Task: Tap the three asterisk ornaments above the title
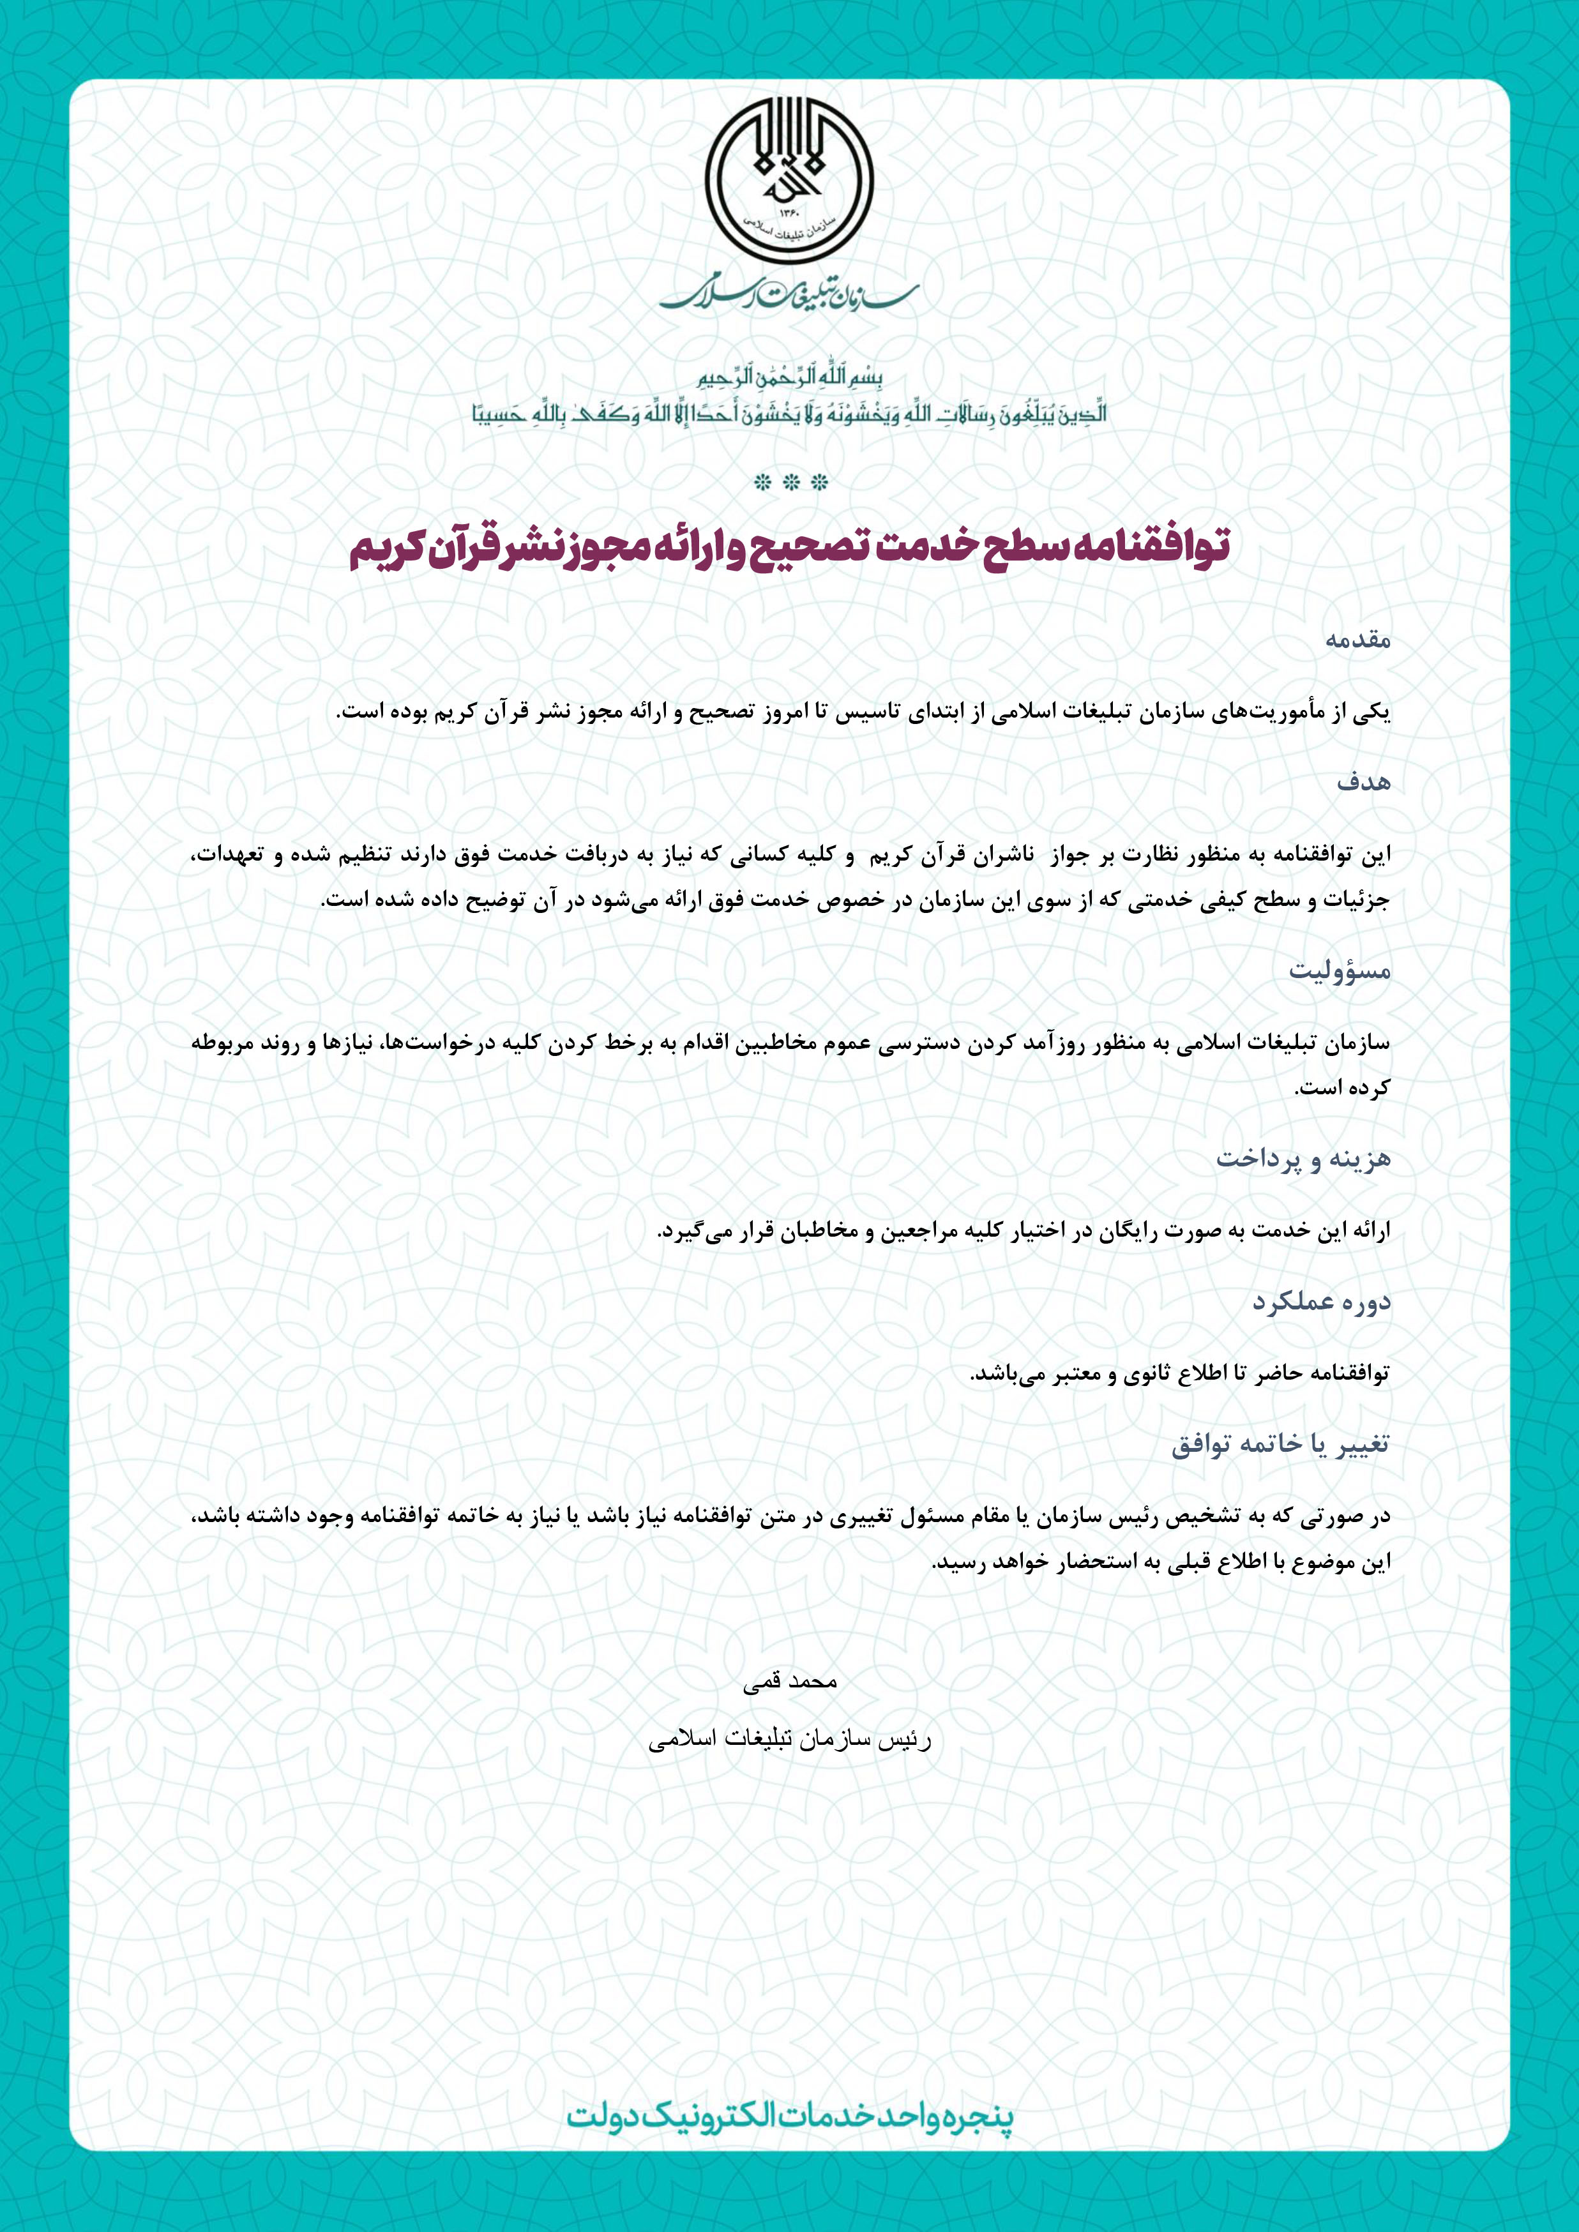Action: (x=789, y=482)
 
